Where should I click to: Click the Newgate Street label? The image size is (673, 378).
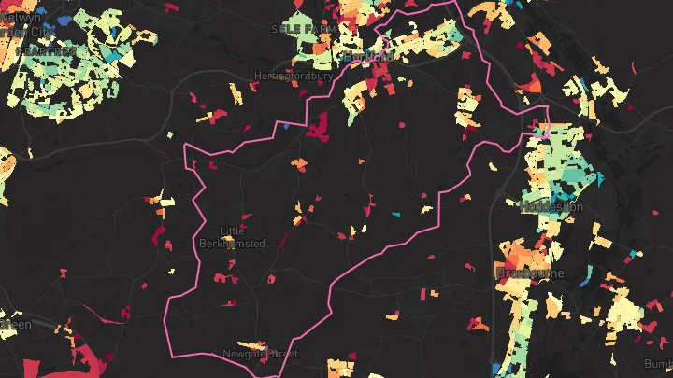point(259,354)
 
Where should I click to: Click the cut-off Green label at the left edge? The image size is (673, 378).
point(15,324)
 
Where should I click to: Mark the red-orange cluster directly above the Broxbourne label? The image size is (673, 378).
point(517,254)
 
